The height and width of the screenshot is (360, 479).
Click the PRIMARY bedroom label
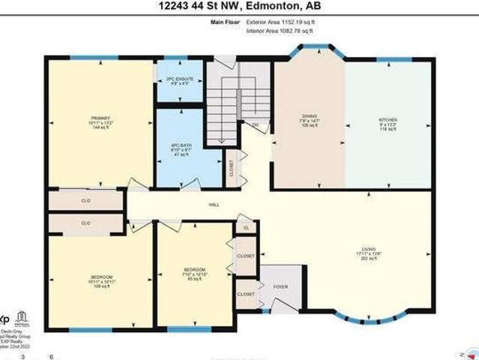point(100,122)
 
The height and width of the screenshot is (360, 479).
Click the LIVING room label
point(367,253)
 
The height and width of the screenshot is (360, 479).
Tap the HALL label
point(214,204)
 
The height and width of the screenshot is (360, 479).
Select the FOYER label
point(280,286)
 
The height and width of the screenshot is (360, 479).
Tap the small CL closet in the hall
point(246,226)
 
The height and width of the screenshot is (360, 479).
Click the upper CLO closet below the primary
point(85,201)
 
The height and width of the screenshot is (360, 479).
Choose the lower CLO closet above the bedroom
point(85,223)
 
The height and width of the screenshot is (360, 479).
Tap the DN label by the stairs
point(255,124)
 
